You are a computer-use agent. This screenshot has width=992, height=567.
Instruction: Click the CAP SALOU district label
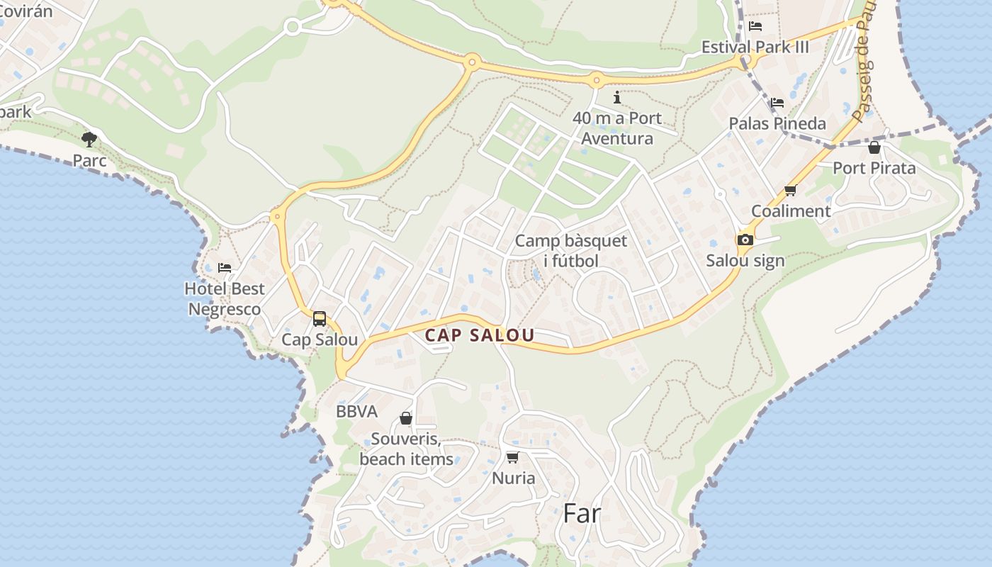point(480,335)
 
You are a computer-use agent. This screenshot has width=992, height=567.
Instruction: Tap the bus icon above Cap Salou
point(320,319)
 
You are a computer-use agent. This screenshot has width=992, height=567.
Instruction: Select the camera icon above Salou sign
point(745,240)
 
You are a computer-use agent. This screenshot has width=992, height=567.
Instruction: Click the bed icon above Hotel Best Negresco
point(225,268)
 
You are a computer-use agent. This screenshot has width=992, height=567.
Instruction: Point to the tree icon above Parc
point(89,139)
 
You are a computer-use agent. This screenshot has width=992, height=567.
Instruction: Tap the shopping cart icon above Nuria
point(513,457)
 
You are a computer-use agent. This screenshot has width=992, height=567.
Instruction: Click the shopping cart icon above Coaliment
point(791,190)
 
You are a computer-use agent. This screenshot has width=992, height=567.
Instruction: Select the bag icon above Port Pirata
point(874,147)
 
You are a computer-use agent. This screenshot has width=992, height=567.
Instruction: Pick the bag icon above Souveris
point(406,418)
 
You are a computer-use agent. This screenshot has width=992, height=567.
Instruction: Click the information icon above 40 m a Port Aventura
point(617,97)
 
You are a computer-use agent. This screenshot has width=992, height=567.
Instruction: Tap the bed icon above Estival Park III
point(755,27)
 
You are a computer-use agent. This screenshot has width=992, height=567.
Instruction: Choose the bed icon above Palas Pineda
point(777,103)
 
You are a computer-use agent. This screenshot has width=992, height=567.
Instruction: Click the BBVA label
point(356,412)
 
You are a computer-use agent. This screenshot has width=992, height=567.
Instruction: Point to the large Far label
point(582,513)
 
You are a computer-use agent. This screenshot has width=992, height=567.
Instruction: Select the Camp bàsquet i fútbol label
point(571,251)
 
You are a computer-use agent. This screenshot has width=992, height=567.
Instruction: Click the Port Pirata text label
point(874,168)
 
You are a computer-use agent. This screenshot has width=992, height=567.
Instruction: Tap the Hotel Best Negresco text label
point(225,299)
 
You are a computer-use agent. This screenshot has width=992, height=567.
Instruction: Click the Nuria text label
point(514,478)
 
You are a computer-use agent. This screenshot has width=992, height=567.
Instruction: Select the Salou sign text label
point(745,261)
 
